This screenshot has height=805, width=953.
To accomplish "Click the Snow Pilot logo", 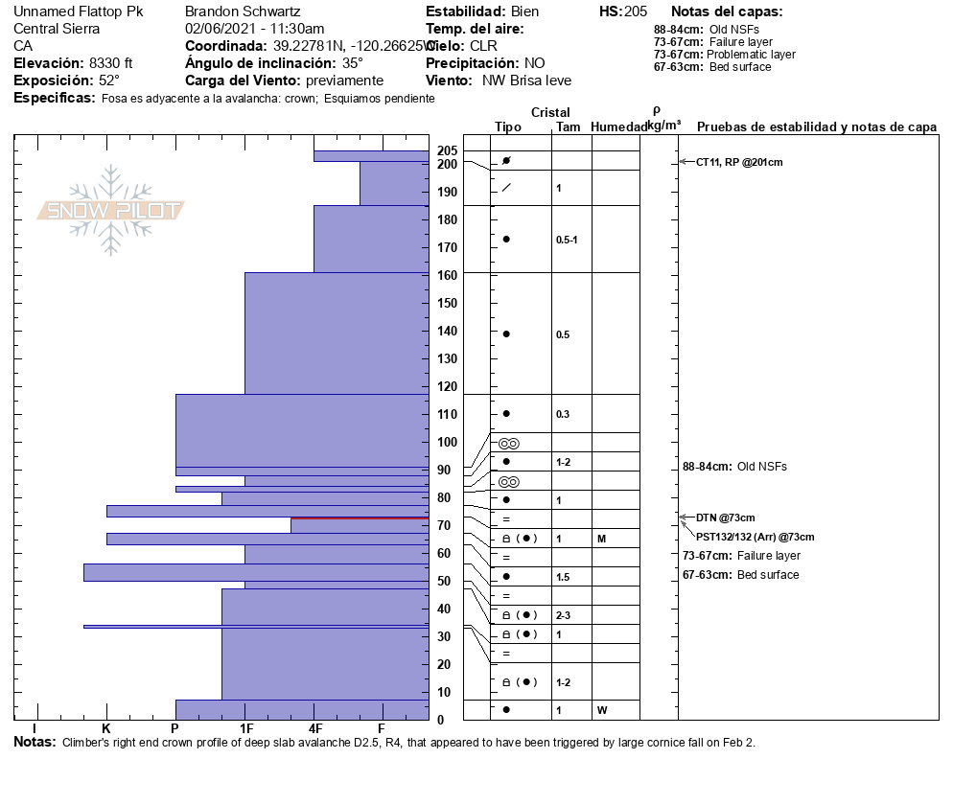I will point(111,211).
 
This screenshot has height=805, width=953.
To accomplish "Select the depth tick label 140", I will point(448,331).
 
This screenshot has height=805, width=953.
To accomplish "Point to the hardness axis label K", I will point(106,728).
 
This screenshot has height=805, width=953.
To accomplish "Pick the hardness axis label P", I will point(174,728).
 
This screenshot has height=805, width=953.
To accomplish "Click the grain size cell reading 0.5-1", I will point(567,240).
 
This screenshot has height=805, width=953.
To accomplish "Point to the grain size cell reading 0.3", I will point(563,414).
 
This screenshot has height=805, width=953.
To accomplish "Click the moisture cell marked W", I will point(602,710).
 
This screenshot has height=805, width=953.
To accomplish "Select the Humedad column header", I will point(616,126).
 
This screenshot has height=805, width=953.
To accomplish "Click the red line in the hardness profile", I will point(360,517).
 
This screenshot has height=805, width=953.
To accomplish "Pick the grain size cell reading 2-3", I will point(564,615).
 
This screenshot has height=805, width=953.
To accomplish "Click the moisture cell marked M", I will point(601,539).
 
